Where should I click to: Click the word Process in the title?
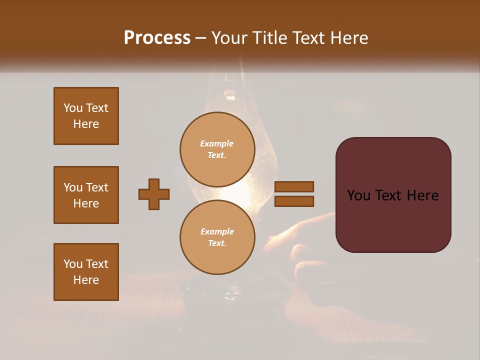(157, 38)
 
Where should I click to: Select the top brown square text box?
(86, 116)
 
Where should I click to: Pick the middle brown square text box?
(86, 195)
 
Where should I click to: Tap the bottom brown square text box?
(86, 272)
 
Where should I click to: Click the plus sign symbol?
(154, 194)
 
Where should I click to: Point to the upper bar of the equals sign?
(294, 186)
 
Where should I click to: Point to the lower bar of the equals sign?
(294, 201)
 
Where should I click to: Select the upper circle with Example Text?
(217, 149)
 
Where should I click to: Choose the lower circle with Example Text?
(217, 237)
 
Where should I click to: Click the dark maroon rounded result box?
(393, 220)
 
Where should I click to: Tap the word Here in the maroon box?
(422, 195)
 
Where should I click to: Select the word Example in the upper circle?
(217, 143)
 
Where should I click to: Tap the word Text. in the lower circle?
(217, 243)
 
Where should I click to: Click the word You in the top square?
(72, 108)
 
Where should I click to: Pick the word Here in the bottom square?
(86, 280)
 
